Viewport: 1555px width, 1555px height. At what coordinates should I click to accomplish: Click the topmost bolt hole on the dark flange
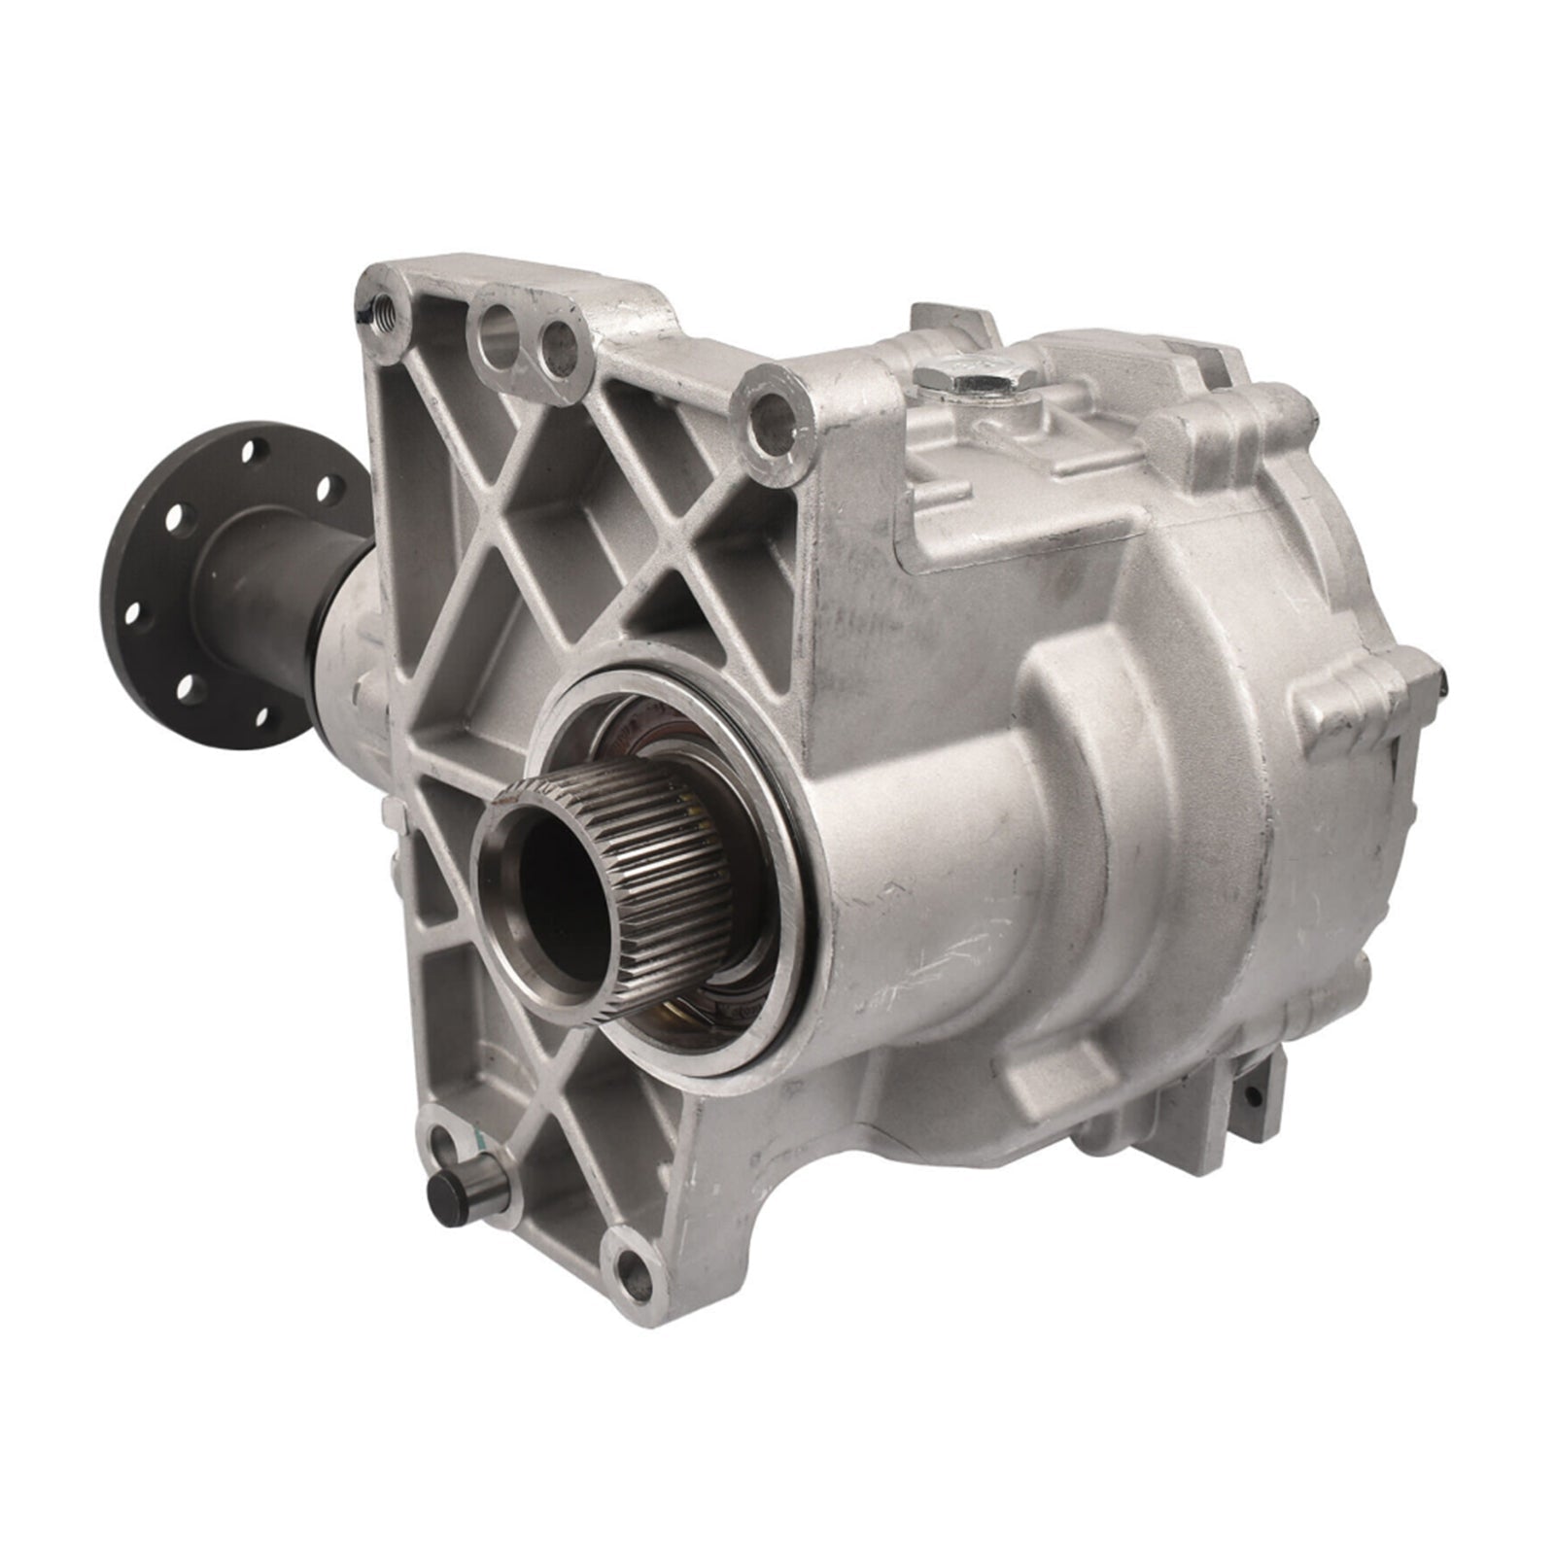tap(251, 451)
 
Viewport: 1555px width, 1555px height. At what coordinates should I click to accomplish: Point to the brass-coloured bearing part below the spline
tap(671, 1020)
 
